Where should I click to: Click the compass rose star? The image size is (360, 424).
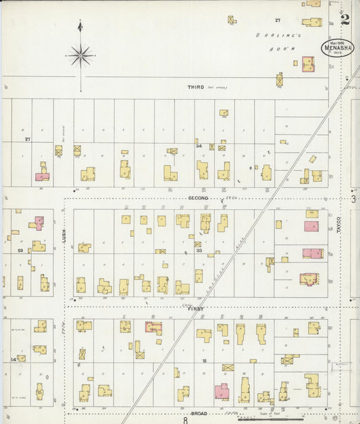point(80,55)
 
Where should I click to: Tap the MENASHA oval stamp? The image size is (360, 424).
point(337,48)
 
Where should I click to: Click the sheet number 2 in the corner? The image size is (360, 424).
point(345,19)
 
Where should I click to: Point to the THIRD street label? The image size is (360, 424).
point(196,87)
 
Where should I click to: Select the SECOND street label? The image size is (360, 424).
point(198,198)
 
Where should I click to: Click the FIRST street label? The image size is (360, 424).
point(196,309)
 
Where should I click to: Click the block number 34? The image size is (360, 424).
point(199,145)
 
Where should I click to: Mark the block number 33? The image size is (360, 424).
point(199,250)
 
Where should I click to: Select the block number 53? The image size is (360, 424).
point(20,250)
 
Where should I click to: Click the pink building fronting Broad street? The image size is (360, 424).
point(222,392)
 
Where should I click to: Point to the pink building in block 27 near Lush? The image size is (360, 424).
point(42,177)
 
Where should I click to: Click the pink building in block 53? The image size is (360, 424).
point(39,222)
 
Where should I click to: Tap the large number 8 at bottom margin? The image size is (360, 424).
point(184,419)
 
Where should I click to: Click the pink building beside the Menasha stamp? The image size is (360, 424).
point(308,64)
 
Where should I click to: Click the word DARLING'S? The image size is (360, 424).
point(268,35)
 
